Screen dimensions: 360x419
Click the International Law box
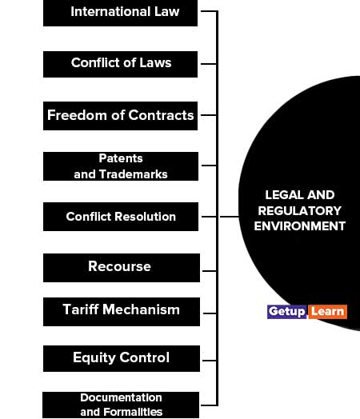click(x=120, y=13)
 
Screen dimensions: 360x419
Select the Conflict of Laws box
click(x=120, y=64)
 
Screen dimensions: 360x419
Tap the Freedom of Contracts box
click(x=120, y=116)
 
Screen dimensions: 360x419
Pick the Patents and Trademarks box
click(x=121, y=166)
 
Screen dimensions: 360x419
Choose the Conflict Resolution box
click(x=121, y=217)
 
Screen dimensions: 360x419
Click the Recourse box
click(x=122, y=268)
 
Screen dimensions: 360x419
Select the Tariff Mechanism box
click(x=122, y=312)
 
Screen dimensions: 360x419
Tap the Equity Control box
click(x=122, y=358)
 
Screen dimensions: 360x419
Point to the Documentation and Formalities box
click(x=121, y=405)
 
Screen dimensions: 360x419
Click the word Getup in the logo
click(x=286, y=312)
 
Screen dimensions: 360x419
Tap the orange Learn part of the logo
click(x=328, y=312)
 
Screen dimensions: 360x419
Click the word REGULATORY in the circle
click(x=299, y=211)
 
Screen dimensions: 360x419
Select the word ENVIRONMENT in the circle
click(x=299, y=226)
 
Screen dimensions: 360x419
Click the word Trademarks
click(x=134, y=174)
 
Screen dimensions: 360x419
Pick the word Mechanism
click(x=141, y=309)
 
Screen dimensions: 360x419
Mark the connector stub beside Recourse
click(x=210, y=271)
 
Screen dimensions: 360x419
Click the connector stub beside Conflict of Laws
click(x=209, y=64)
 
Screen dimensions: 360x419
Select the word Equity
click(x=94, y=358)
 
